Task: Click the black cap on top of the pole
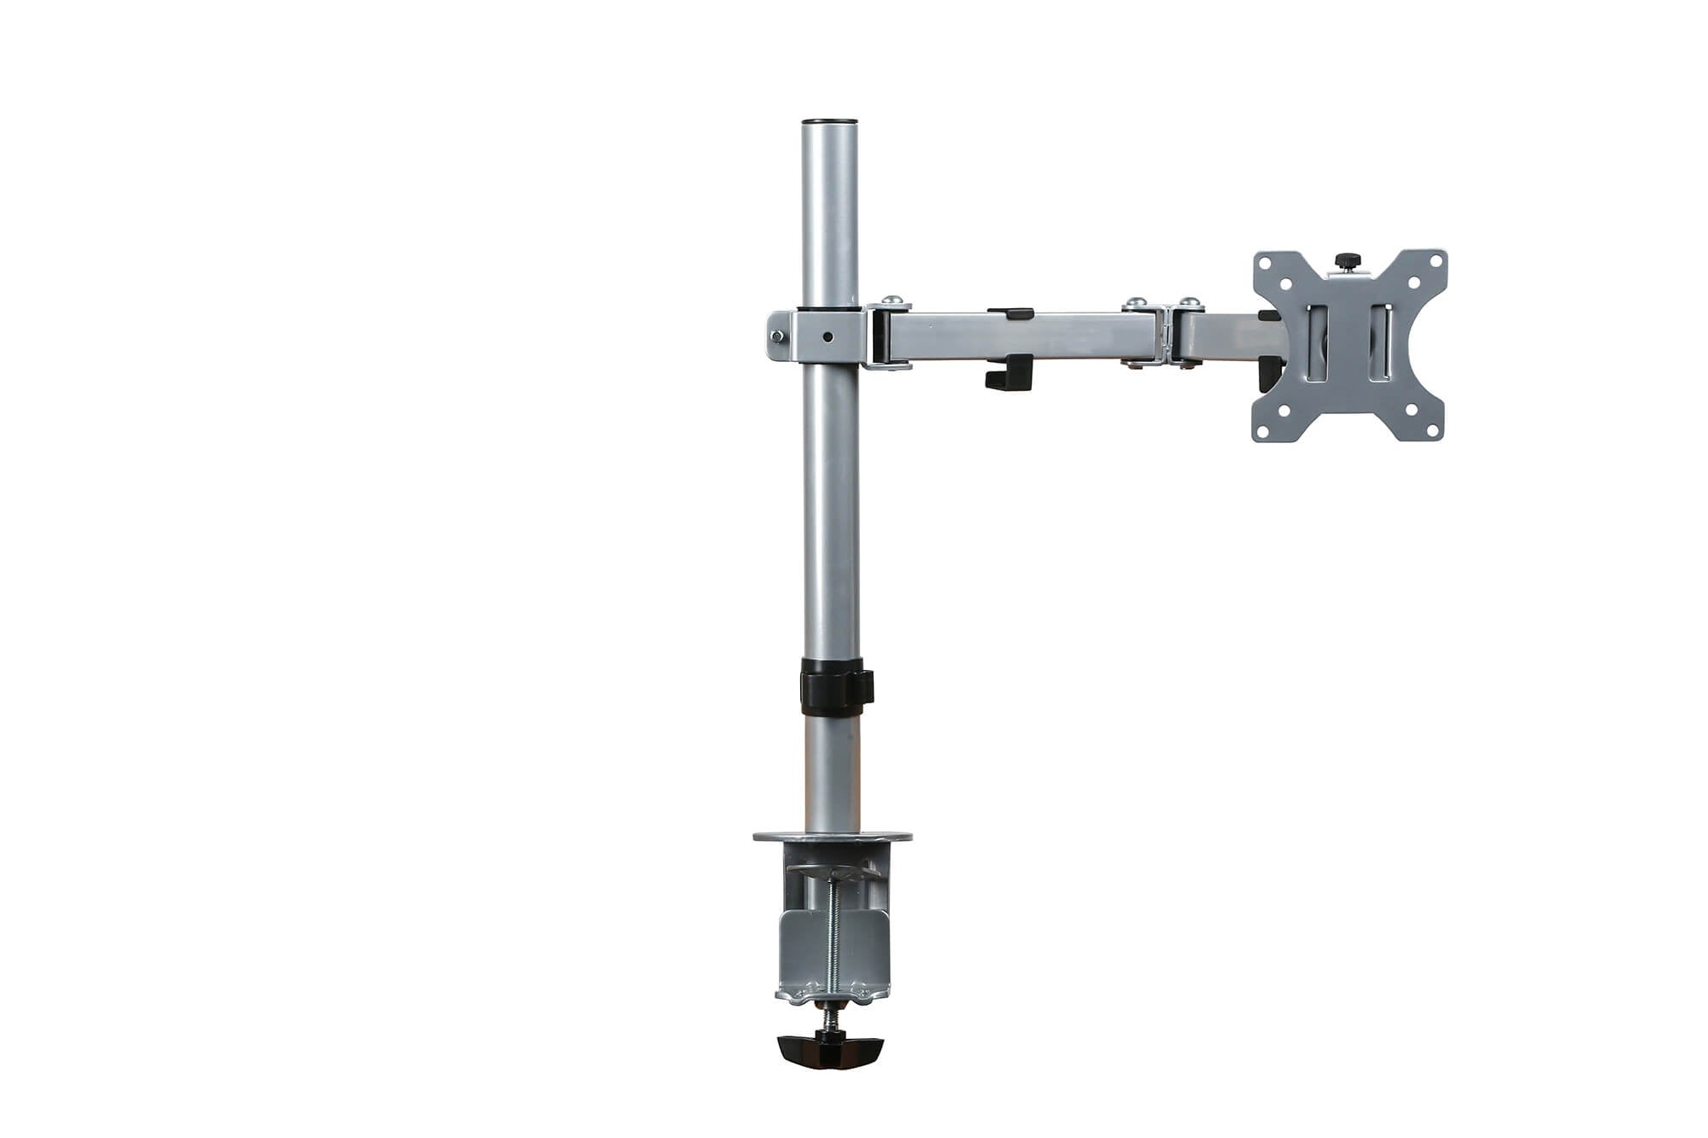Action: [x=829, y=123]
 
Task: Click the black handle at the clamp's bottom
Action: [x=829, y=1051]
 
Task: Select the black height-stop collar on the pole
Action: [x=835, y=686]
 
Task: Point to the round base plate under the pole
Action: [x=832, y=837]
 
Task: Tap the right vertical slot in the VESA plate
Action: [x=1380, y=341]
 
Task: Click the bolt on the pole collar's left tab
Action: [x=776, y=336]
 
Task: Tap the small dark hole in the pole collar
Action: [x=828, y=336]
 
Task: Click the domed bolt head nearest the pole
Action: [x=892, y=301]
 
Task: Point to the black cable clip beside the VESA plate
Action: [x=1268, y=373]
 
